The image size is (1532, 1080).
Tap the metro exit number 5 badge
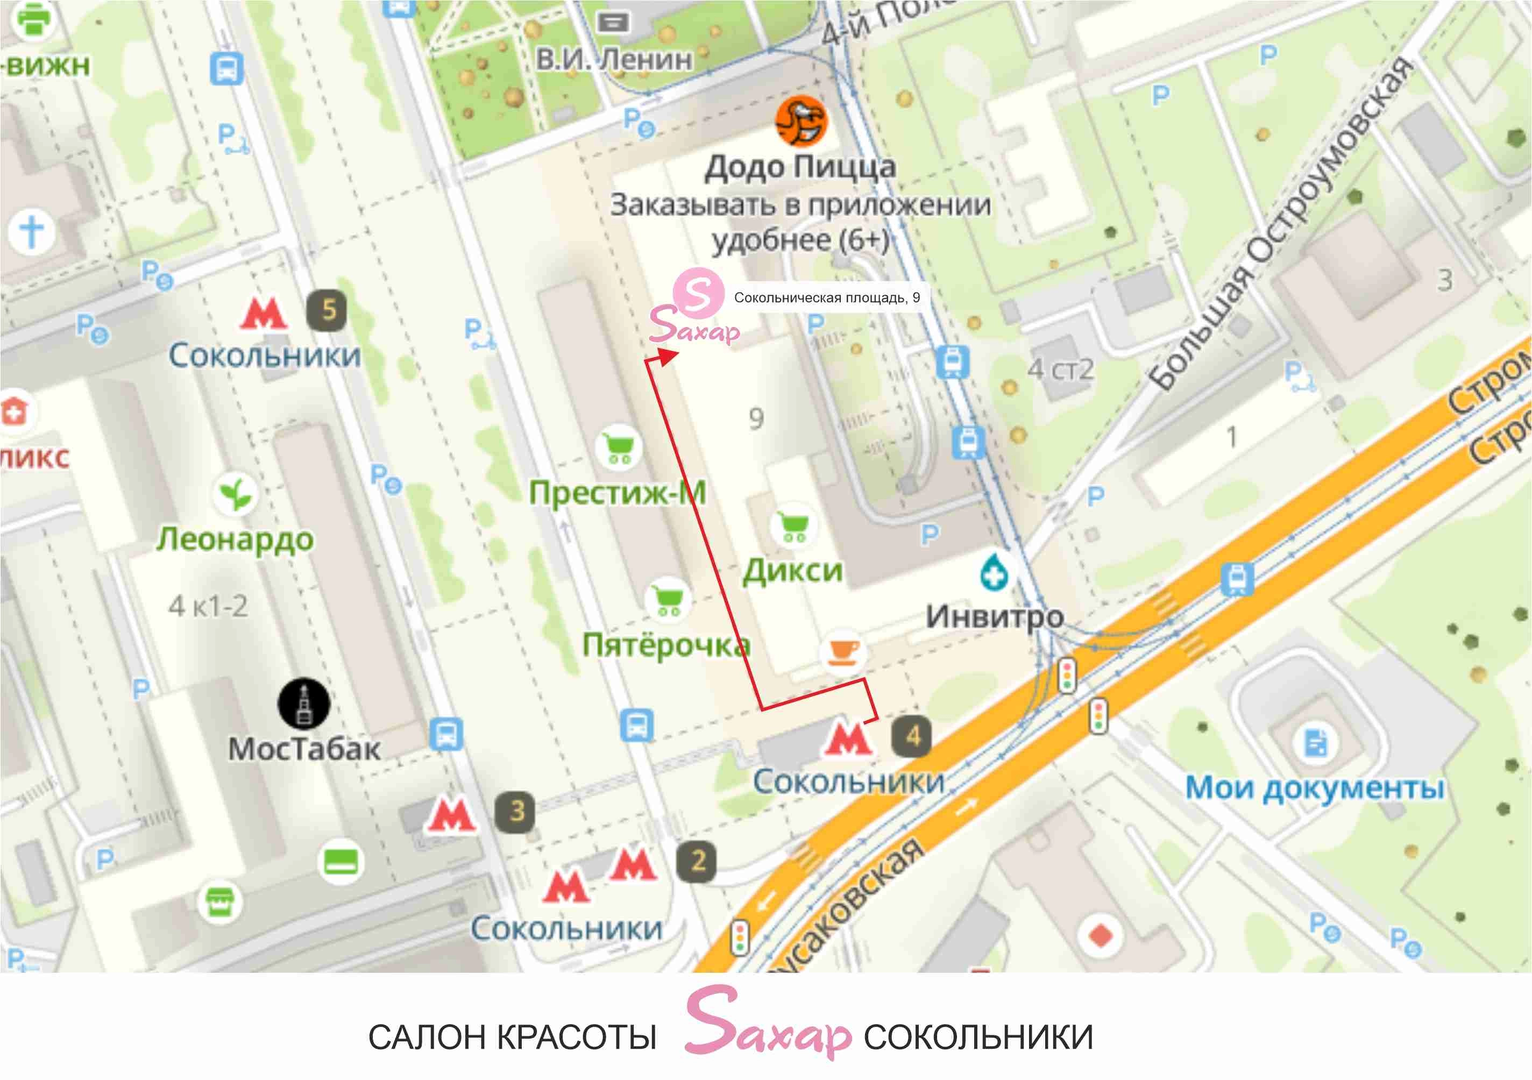coord(327,310)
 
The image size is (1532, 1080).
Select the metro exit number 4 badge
coord(911,736)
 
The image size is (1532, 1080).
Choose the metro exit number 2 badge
coord(697,861)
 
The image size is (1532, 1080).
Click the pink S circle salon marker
coord(698,292)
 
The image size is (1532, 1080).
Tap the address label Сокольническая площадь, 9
coord(827,297)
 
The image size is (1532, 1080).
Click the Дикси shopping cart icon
coord(793,527)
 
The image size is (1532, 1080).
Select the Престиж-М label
coord(617,493)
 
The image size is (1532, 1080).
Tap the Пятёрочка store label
coord(666,644)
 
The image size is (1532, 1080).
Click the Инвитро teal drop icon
coord(994,572)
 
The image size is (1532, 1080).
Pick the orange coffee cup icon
coord(843,652)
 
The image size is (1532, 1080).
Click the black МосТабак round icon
coord(303,704)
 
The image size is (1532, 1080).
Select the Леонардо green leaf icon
coord(236,494)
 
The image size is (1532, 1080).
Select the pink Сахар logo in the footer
coord(767,1024)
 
